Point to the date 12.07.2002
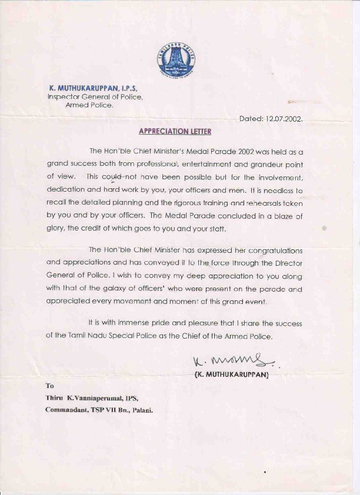(x=284, y=118)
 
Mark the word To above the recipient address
(x=49, y=386)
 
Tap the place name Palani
(x=142, y=410)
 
